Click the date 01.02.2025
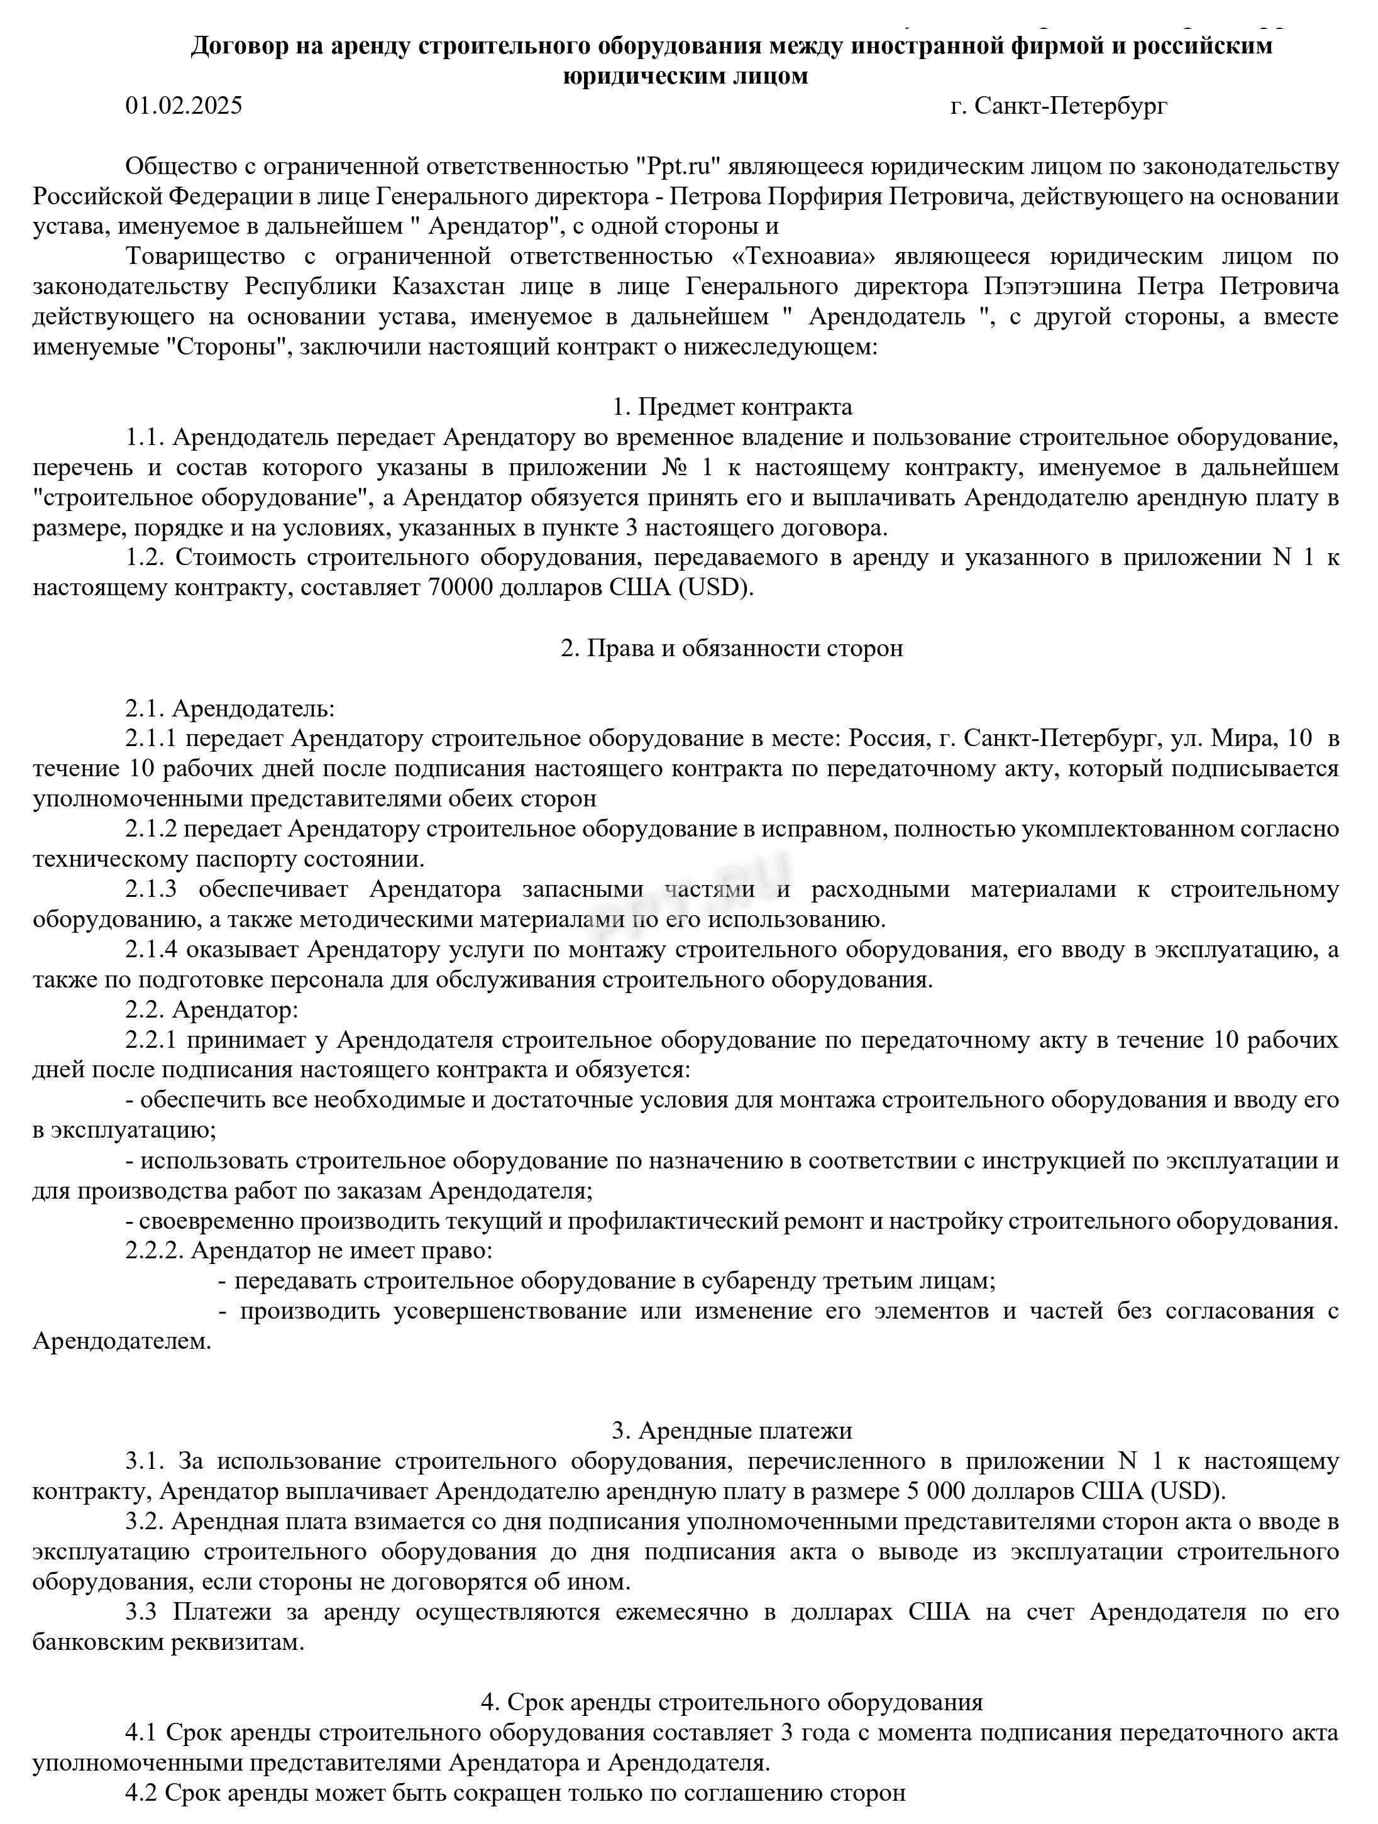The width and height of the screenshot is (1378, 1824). point(184,106)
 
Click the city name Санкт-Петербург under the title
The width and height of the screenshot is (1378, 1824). point(1071,106)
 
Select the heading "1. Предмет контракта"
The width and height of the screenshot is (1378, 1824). point(732,407)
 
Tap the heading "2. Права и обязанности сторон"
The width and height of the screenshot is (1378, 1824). point(732,648)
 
